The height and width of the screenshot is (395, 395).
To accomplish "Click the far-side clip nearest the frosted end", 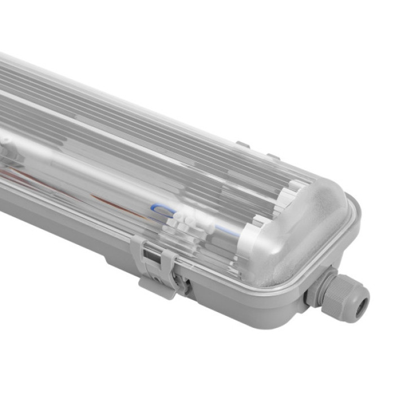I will [x=273, y=157].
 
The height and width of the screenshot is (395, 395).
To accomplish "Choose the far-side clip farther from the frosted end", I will [x=243, y=146].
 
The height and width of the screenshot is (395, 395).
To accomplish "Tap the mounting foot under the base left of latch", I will [x=116, y=263].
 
